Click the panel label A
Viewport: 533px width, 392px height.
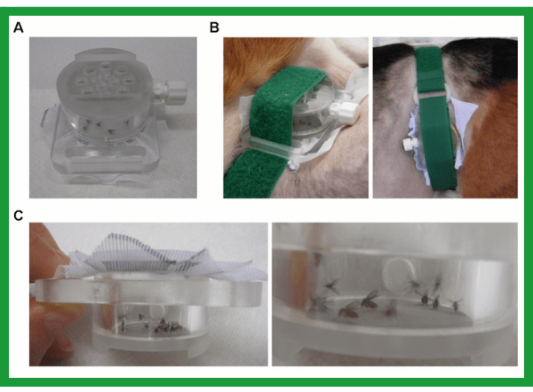point(19,27)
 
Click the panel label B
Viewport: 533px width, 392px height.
point(214,27)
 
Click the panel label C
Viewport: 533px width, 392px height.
point(19,216)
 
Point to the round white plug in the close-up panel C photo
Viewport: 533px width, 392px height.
point(398,272)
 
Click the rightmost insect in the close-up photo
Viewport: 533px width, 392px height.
point(455,304)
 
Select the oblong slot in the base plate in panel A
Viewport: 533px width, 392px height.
point(106,153)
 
